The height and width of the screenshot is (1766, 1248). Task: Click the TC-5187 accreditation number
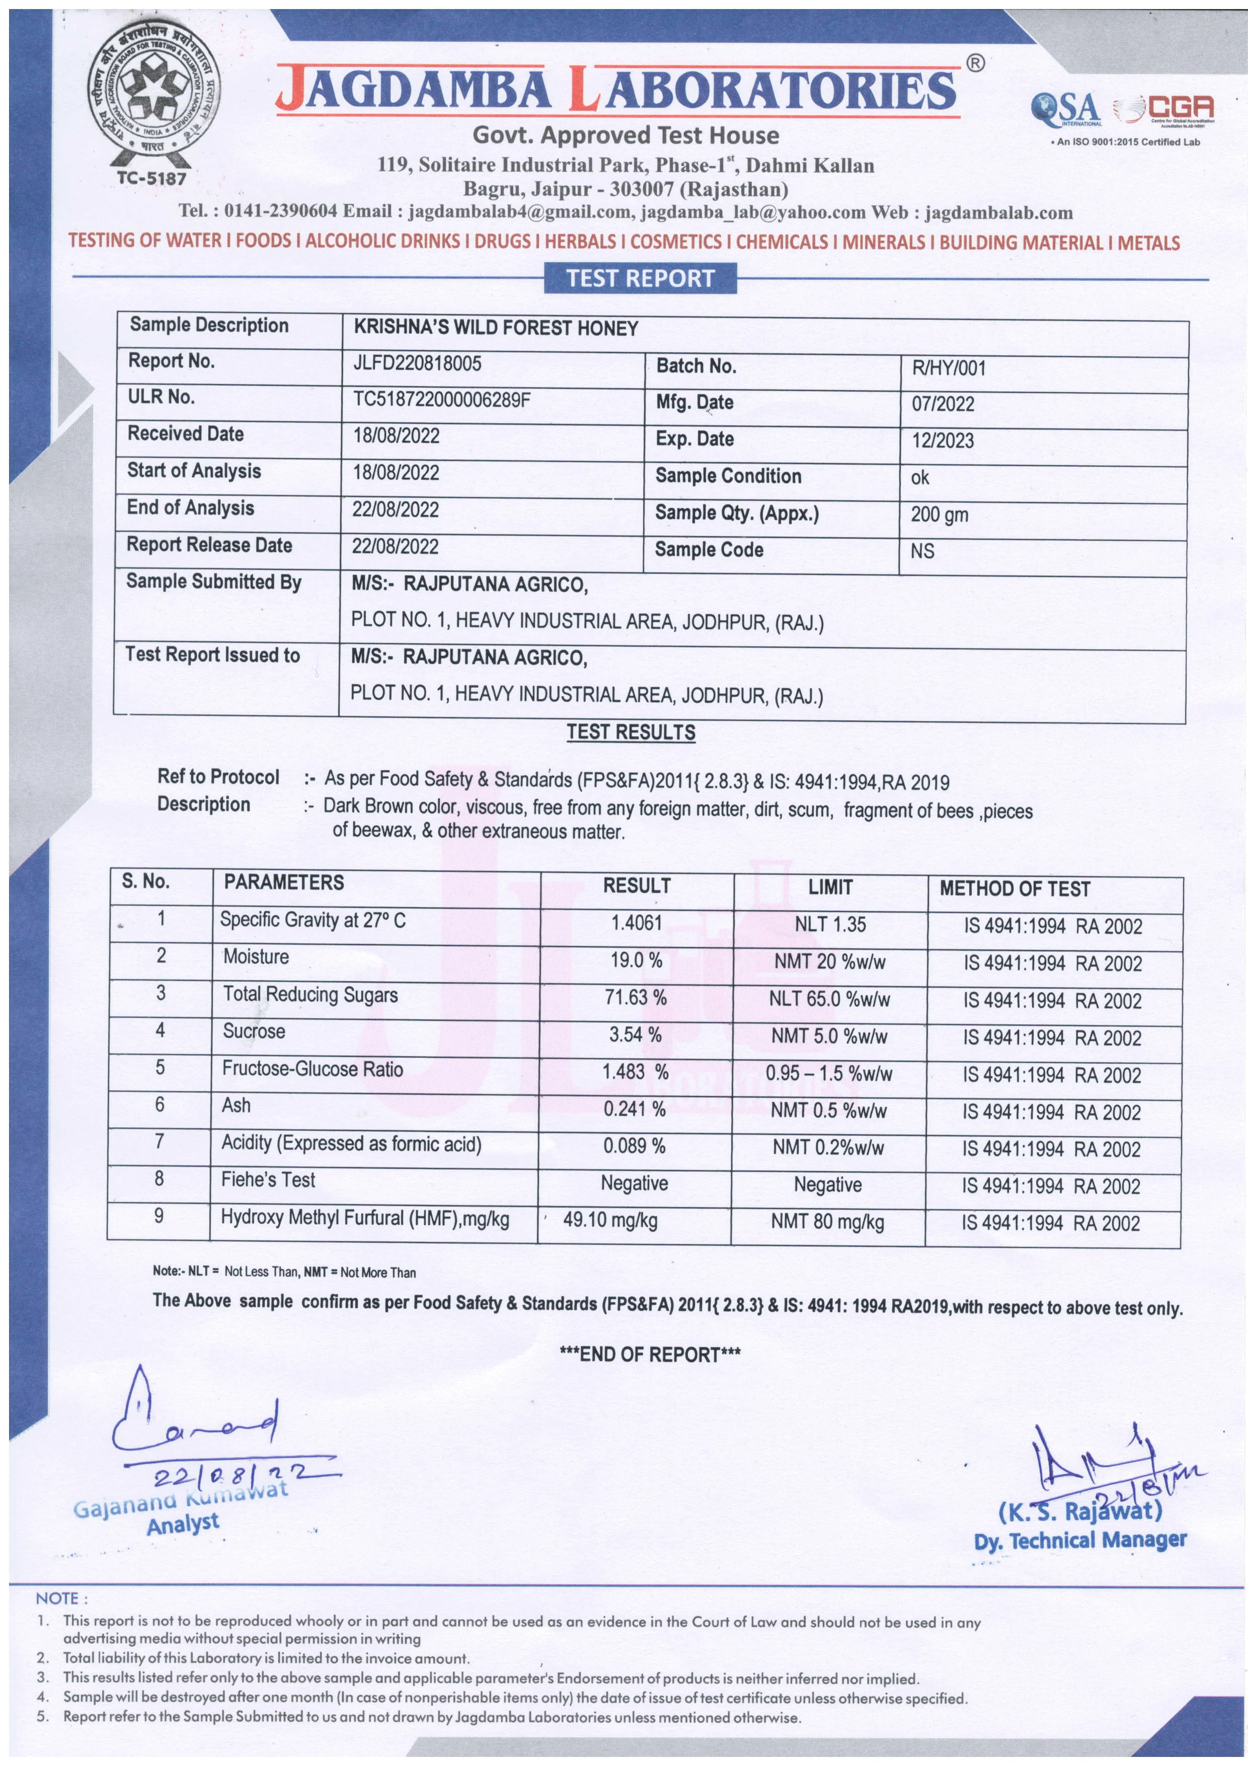coord(151,178)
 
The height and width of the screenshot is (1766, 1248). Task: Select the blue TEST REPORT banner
coord(640,278)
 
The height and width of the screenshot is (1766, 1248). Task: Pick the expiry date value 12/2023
coord(943,440)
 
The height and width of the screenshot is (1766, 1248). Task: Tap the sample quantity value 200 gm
coord(939,514)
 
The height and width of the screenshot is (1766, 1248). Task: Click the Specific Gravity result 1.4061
coord(636,922)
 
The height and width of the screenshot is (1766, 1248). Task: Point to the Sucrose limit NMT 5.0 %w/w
coord(829,1036)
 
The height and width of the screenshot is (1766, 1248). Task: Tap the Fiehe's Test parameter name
coord(268,1180)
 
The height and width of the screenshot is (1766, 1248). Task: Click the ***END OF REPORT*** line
coord(650,1354)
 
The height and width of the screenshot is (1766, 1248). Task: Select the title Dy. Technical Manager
coord(1079,1540)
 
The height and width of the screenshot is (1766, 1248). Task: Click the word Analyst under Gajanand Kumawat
coord(183,1523)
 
